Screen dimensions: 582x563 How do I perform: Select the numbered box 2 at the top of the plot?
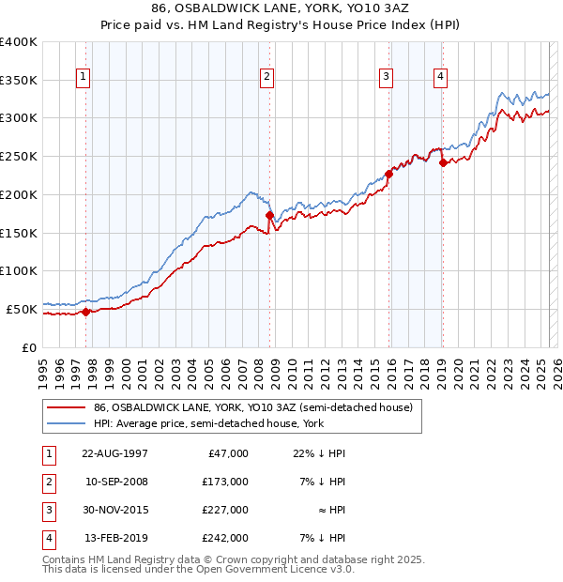click(x=267, y=77)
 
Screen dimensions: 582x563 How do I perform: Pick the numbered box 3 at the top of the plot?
click(x=386, y=77)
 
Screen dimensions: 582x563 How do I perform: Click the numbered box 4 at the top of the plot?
click(x=440, y=77)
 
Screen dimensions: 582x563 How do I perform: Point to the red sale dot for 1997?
click(x=85, y=312)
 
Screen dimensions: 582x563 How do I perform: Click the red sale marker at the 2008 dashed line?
click(x=269, y=215)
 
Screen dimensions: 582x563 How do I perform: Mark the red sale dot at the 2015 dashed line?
click(x=388, y=174)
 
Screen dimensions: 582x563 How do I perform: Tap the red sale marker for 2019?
click(x=442, y=162)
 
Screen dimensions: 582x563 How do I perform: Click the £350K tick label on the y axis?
click(x=19, y=81)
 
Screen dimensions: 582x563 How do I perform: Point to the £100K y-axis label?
click(x=19, y=271)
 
